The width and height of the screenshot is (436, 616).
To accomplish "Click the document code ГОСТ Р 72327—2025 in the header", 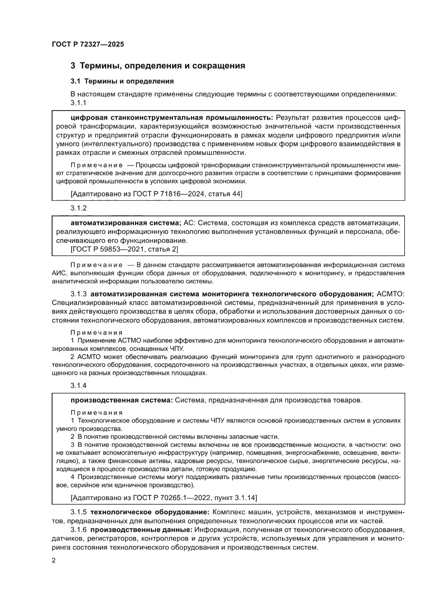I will tap(88, 45).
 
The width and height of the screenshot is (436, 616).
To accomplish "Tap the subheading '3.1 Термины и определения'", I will tap(122, 82).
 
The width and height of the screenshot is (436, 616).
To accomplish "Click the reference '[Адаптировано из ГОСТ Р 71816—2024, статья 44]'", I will tap(157, 193).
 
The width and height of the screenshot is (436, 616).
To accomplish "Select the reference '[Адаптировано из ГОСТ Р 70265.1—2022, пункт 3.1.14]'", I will tap(163, 497).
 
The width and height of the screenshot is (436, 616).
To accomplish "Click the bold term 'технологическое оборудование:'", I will tap(150, 512).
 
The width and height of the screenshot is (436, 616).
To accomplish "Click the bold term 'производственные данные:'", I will tap(141, 529).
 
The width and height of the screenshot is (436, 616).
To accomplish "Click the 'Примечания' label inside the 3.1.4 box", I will tap(96, 412).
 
